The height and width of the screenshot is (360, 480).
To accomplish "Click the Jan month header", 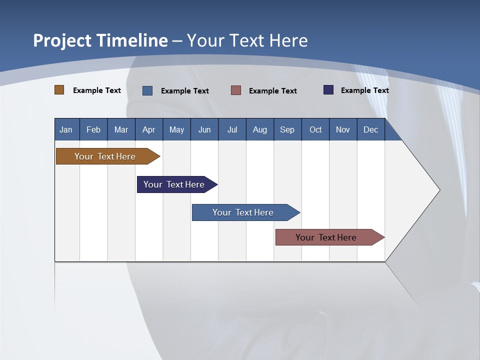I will (66, 129).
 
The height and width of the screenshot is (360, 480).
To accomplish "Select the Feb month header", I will (93, 129).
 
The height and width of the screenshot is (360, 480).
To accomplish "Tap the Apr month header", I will (149, 129).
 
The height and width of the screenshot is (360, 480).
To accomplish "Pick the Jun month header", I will (204, 129).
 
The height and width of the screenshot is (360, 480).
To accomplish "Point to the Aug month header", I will (260, 129).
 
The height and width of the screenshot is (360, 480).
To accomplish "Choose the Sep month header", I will (287, 129).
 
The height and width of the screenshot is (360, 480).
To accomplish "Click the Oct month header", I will (315, 129).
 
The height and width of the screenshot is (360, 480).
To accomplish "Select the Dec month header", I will (371, 129).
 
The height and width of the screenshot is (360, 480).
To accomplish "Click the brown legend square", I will (59, 90).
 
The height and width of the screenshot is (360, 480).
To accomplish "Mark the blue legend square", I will (147, 90).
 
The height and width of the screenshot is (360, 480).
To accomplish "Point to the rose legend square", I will (236, 90).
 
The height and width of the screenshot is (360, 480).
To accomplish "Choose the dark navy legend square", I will (328, 90).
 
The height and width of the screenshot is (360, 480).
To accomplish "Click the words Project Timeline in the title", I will (100, 40).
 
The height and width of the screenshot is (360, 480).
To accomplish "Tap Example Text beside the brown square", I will (97, 90).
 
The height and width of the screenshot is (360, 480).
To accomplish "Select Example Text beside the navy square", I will (365, 90).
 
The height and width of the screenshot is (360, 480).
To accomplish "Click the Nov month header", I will (343, 129).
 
